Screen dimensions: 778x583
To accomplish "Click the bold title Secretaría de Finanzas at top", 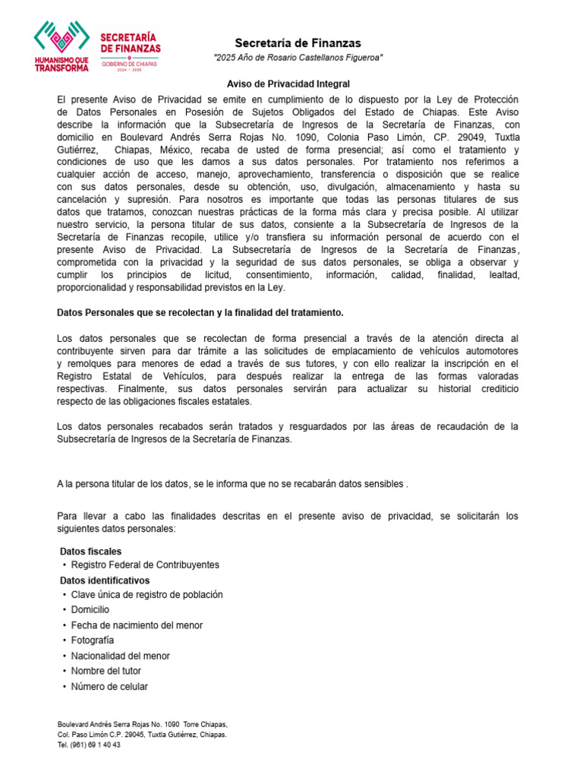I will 298,43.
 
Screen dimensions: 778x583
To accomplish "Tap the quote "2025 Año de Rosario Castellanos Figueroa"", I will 298,59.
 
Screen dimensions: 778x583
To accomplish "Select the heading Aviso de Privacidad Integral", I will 288,84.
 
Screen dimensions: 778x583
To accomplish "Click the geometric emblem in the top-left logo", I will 61,36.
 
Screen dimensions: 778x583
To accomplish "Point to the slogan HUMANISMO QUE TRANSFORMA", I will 61,63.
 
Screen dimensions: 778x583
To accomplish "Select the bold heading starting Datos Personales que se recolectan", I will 200,312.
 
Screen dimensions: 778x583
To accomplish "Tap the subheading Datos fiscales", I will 90,551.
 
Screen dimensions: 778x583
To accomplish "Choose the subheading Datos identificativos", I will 105,580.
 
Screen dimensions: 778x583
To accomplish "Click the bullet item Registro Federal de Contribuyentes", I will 145,565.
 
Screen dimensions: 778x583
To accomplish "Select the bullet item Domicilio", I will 90,610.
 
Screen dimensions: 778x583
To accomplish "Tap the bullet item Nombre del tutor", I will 106,671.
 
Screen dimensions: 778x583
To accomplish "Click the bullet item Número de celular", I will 109,686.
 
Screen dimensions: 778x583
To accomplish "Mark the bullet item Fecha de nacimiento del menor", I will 137,625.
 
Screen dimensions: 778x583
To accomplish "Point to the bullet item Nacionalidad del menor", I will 121,656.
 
